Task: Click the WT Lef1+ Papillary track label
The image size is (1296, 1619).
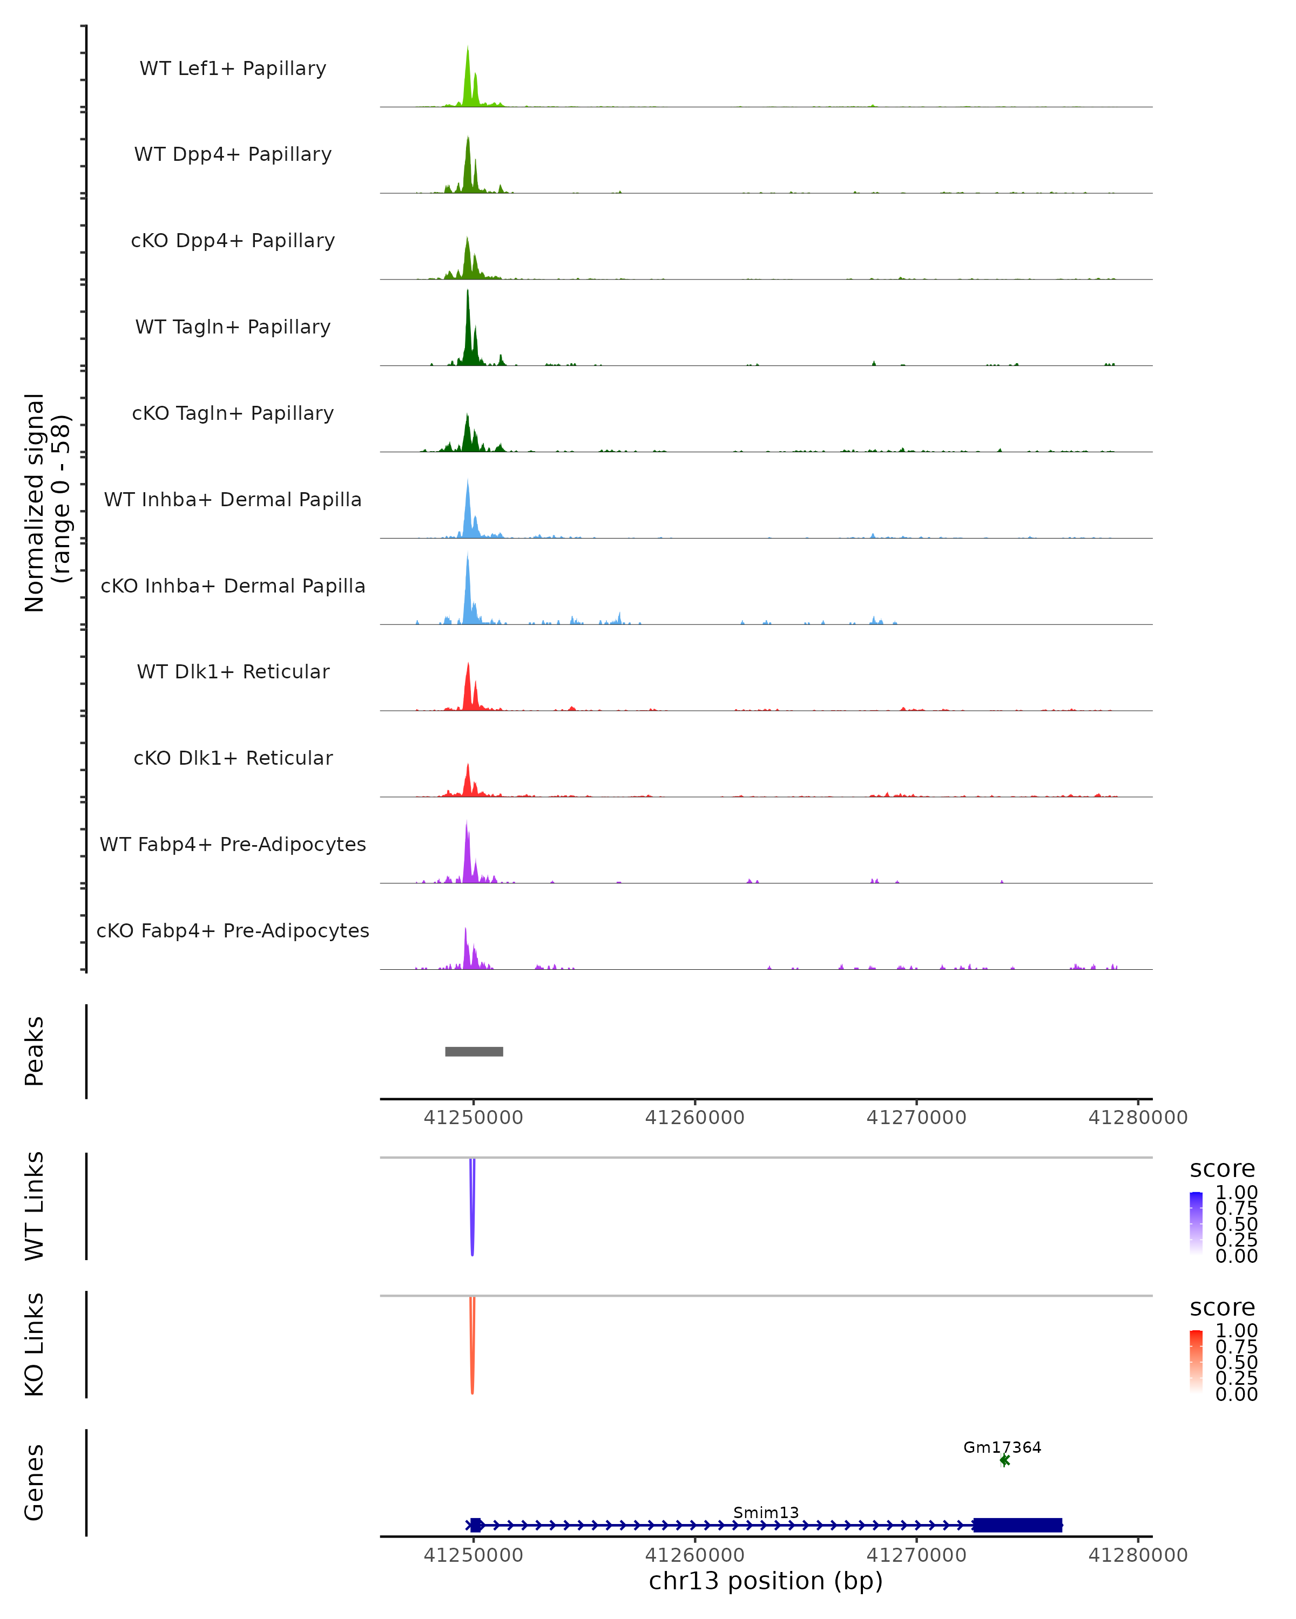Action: pos(233,69)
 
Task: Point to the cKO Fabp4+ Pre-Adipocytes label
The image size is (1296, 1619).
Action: pos(233,930)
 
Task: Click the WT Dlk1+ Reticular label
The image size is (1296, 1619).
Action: pos(233,671)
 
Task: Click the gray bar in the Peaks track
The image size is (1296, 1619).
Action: pos(474,1051)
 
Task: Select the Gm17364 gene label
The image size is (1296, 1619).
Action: pos(1002,1447)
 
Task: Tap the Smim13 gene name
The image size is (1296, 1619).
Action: pos(766,1512)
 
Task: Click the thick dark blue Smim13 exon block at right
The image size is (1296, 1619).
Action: pos(1017,1525)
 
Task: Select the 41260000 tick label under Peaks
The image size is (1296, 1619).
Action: pos(694,1118)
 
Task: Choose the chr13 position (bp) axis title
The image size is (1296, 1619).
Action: pos(766,1581)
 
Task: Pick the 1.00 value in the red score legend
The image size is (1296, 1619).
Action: pos(1237,1331)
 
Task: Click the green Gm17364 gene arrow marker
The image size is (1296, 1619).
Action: pos(1004,1460)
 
